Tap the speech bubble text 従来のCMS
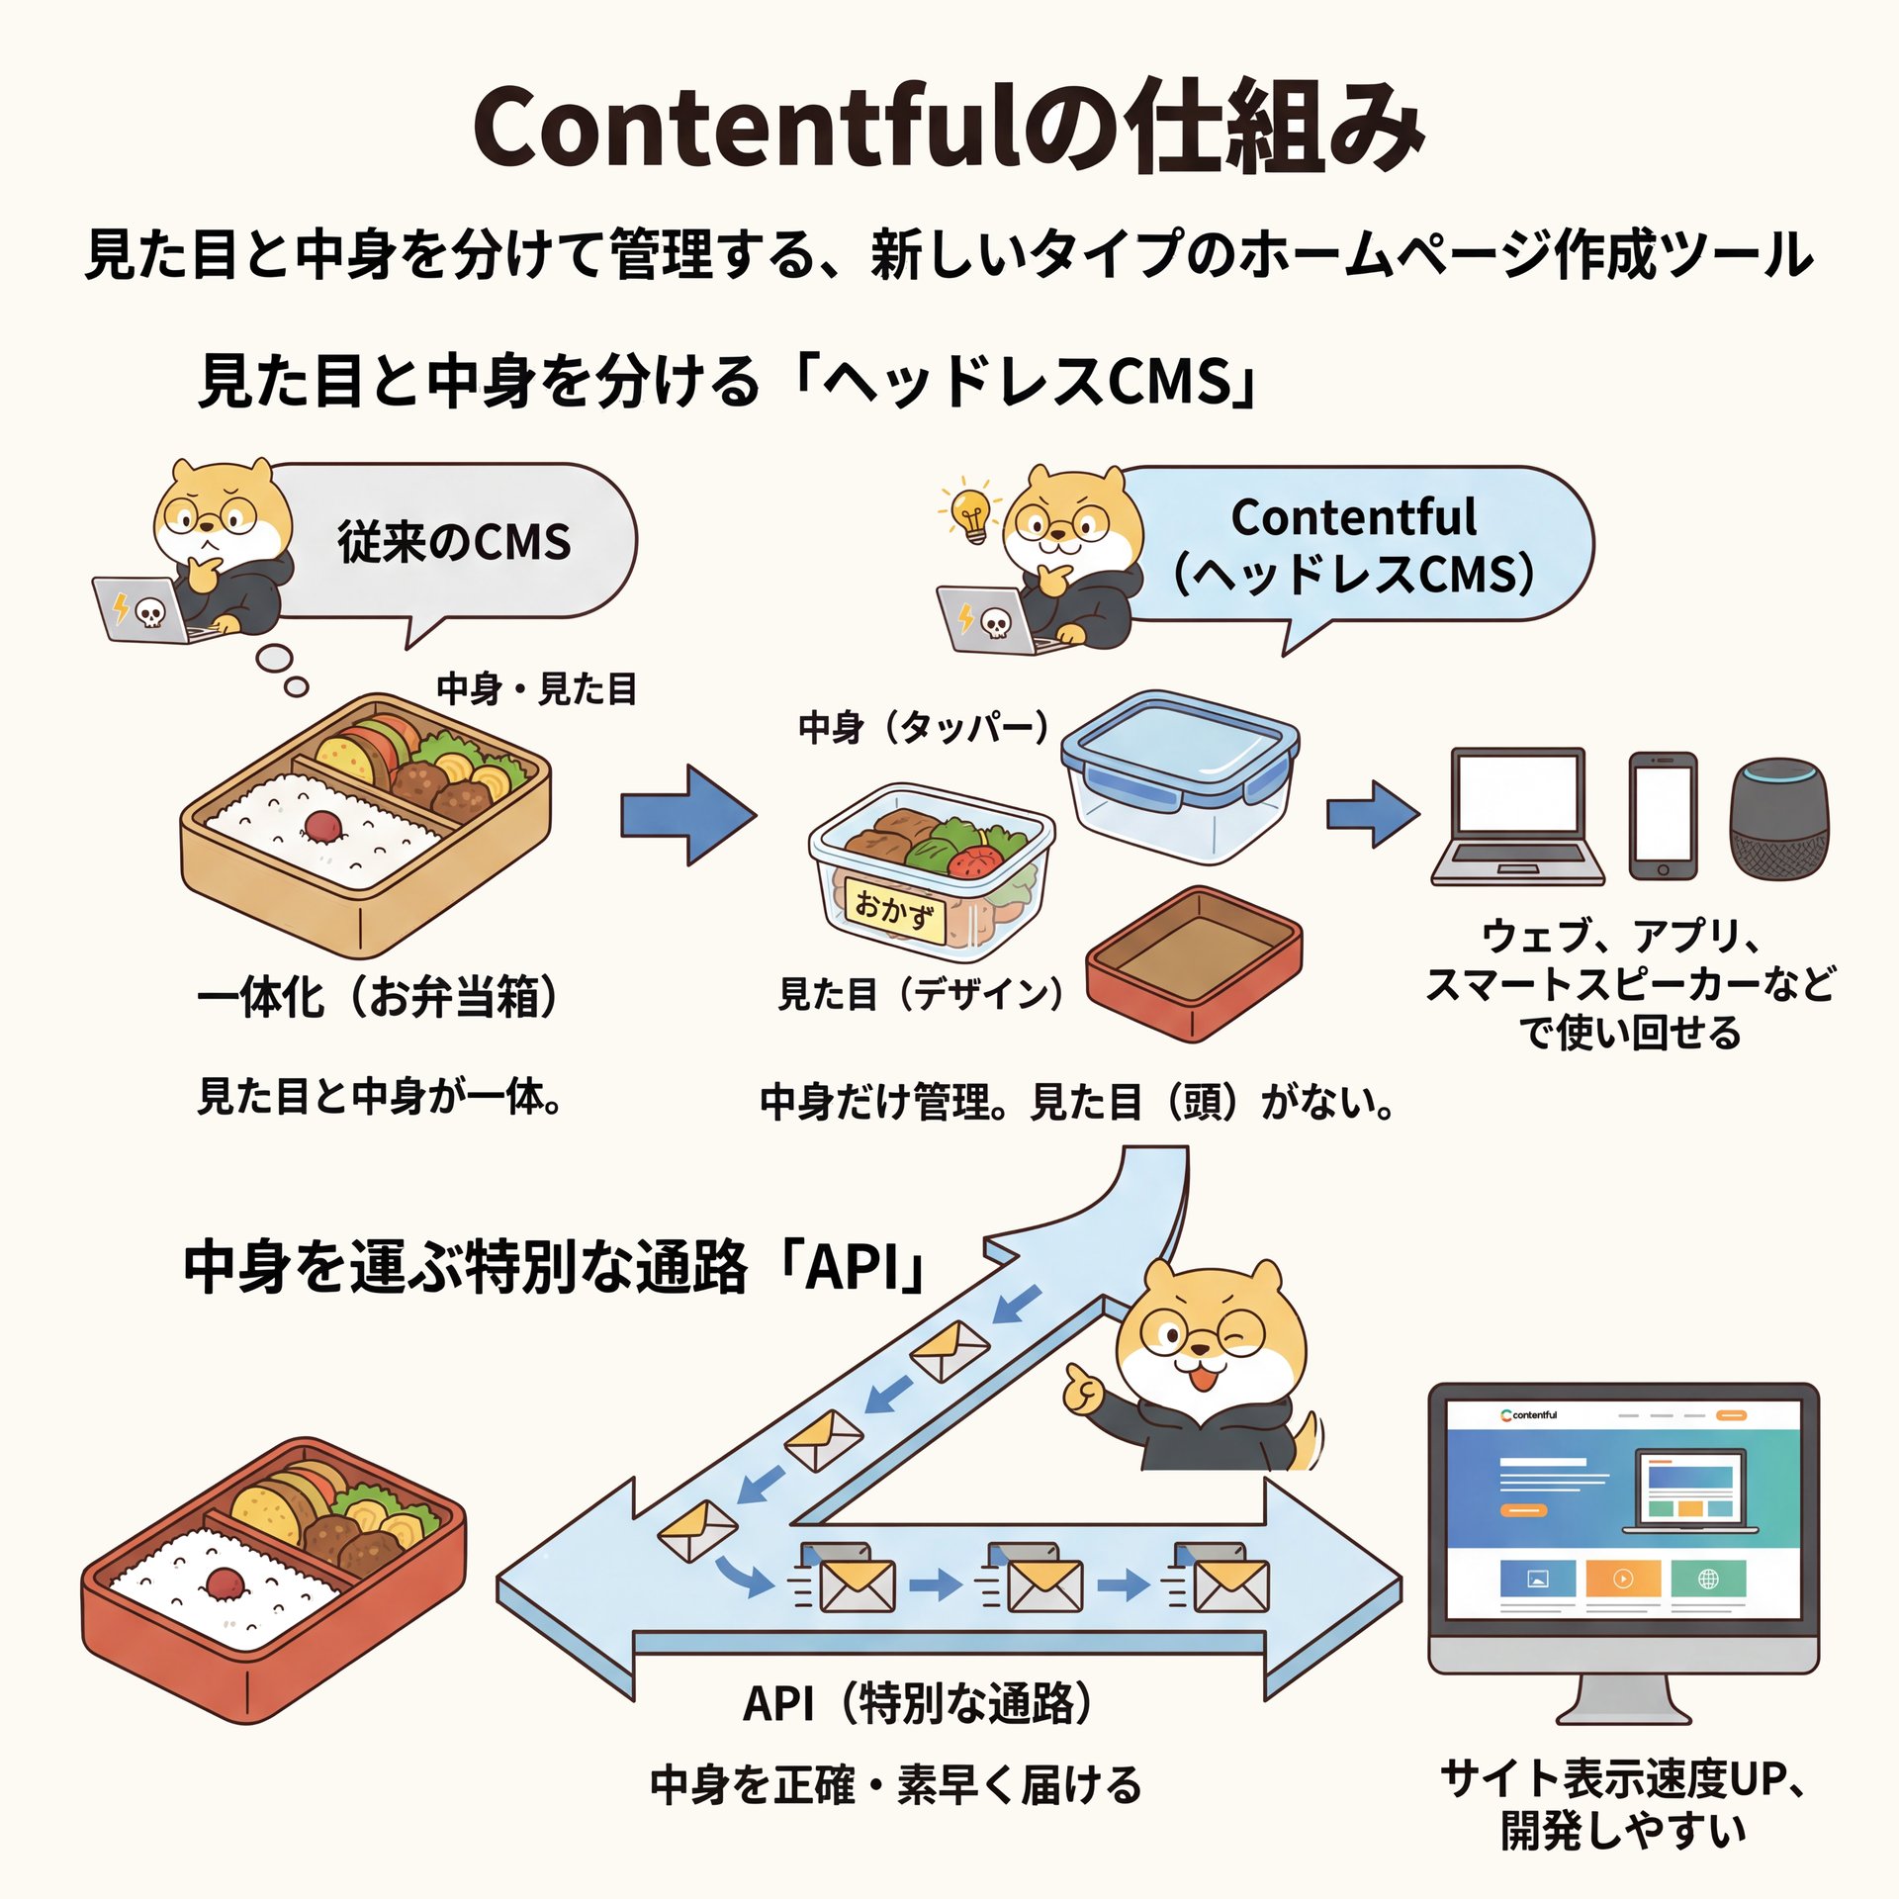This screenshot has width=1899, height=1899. pyautogui.click(x=454, y=542)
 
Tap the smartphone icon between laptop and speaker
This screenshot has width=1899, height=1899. pyautogui.click(x=1663, y=816)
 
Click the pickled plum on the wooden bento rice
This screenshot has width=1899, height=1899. pyautogui.click(x=323, y=825)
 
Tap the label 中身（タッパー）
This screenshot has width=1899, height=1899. pyautogui.click(x=923, y=728)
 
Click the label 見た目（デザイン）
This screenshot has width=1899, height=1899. pyautogui.click(x=920, y=994)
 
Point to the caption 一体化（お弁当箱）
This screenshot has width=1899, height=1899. pyautogui.click(x=378, y=997)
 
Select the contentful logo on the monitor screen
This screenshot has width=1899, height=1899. pyautogui.click(x=1529, y=1415)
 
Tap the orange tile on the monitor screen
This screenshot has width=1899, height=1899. pyautogui.click(x=1622, y=1580)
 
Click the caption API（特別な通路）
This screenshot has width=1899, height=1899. pyautogui.click(x=917, y=1702)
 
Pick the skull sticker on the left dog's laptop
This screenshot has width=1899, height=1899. pyautogui.click(x=150, y=614)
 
